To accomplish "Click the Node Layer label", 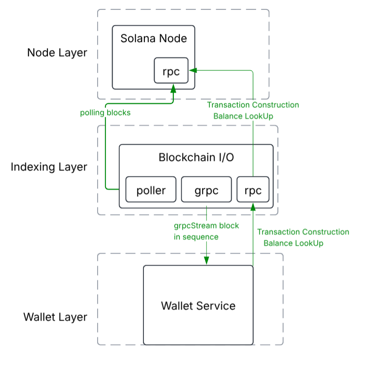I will pyautogui.click(x=57, y=53).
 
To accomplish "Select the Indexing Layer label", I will pyautogui.click(x=49, y=167).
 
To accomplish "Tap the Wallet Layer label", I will pyautogui.click(x=55, y=317).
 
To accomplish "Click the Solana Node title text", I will pyautogui.click(x=154, y=38).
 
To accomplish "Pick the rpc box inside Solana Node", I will pyautogui.click(x=171, y=70).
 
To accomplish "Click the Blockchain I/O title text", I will pyautogui.click(x=196, y=157).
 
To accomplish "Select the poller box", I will pyautogui.click(x=151, y=190).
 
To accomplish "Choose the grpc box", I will pyautogui.click(x=206, y=190).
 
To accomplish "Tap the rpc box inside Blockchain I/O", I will pyautogui.click(x=253, y=190).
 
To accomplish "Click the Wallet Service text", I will pyautogui.click(x=198, y=306).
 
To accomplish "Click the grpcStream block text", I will pyautogui.click(x=206, y=225).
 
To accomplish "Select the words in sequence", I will pyautogui.click(x=196, y=236).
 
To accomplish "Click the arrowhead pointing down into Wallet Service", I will pyautogui.click(x=207, y=260).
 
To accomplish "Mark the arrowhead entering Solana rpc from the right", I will pyautogui.click(x=193, y=70).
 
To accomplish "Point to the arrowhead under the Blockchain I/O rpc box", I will pyautogui.click(x=253, y=207).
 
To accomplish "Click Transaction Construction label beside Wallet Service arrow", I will pyautogui.click(x=303, y=232).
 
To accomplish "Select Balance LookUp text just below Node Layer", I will pyautogui.click(x=243, y=116).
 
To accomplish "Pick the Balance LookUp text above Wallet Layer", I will pyautogui.click(x=293, y=243).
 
